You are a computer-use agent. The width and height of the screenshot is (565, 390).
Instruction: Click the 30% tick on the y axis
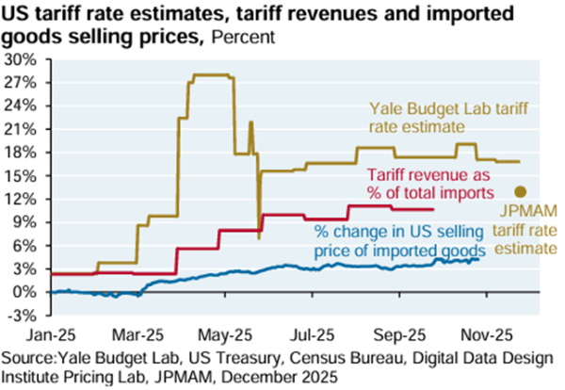(x=23, y=58)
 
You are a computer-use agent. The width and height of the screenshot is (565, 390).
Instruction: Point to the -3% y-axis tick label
(x=23, y=315)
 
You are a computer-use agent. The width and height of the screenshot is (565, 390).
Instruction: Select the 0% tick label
(x=24, y=292)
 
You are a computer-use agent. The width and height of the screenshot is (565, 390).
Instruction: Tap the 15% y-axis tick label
(x=23, y=175)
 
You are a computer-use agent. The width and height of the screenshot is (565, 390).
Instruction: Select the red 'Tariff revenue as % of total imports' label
(x=429, y=184)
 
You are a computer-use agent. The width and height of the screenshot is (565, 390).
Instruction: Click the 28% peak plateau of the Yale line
(x=212, y=75)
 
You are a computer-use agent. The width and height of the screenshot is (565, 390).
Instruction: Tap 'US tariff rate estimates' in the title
(x=104, y=14)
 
